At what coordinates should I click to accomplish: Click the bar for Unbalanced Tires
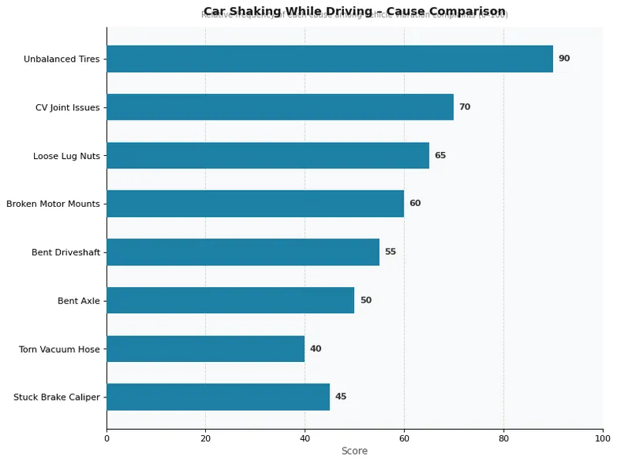point(329,59)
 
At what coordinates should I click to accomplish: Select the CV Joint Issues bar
point(280,107)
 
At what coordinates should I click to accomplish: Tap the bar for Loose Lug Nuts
point(268,155)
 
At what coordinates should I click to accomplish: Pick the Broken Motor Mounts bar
point(255,204)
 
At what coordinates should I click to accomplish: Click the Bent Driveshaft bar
point(243,252)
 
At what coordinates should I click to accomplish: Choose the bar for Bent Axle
point(231,300)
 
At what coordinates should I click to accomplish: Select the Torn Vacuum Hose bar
point(206,349)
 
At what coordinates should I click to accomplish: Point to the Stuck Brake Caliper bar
point(218,397)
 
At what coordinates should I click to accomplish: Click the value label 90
point(564,59)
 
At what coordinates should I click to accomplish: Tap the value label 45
point(341,397)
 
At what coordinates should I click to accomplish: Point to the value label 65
point(440,155)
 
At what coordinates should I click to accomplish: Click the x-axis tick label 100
point(602,438)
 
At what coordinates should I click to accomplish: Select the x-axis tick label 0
point(106,438)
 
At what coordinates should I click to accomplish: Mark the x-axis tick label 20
point(205,438)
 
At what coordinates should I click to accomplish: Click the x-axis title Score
point(354,451)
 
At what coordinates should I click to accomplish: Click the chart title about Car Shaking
point(354,12)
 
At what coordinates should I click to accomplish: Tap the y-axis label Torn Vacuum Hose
point(59,350)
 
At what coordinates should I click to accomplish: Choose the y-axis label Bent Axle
point(79,301)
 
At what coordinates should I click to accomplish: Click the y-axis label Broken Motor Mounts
point(53,204)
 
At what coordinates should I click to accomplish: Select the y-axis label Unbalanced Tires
point(62,59)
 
